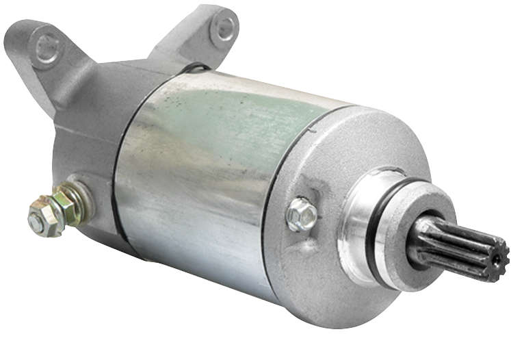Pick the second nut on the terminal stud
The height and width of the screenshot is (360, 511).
point(58,206)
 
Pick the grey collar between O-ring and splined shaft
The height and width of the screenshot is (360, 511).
point(410,233)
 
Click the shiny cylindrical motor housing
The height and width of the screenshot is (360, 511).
point(205,178)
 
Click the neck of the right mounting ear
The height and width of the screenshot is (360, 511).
point(185,48)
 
